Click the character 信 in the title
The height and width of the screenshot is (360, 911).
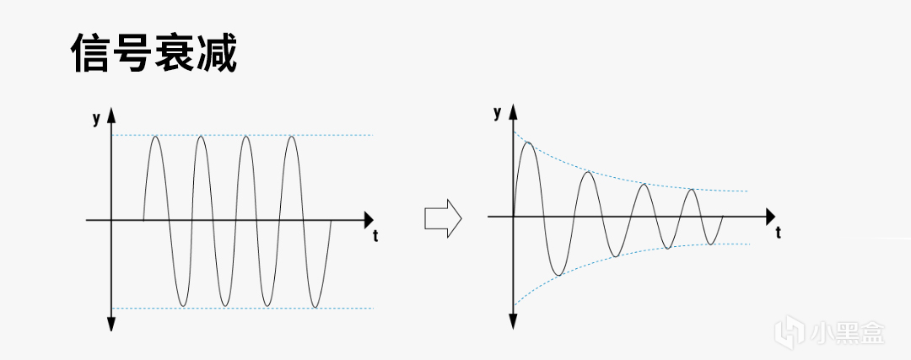tap(90, 52)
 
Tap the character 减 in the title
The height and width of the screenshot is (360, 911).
tap(217, 52)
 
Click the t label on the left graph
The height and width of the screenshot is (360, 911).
tap(375, 236)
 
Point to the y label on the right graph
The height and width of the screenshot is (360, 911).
tap(497, 113)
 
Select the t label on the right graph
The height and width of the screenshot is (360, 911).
tap(778, 234)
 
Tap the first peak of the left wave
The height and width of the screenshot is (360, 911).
tap(155, 137)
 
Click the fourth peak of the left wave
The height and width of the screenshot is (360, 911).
tap(292, 137)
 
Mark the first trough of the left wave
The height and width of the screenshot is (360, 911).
tap(183, 305)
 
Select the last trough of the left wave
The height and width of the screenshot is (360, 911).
tap(315, 306)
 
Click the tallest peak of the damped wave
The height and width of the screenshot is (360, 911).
tap(528, 142)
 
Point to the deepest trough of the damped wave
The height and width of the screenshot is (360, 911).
tap(558, 275)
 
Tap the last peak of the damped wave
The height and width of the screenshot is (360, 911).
tap(691, 190)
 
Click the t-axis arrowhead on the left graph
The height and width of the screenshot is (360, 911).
tap(369, 220)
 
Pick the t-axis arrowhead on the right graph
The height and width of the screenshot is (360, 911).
tap(770, 217)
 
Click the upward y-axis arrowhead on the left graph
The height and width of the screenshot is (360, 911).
tap(111, 115)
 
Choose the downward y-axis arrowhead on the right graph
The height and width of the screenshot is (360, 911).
tap(513, 322)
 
